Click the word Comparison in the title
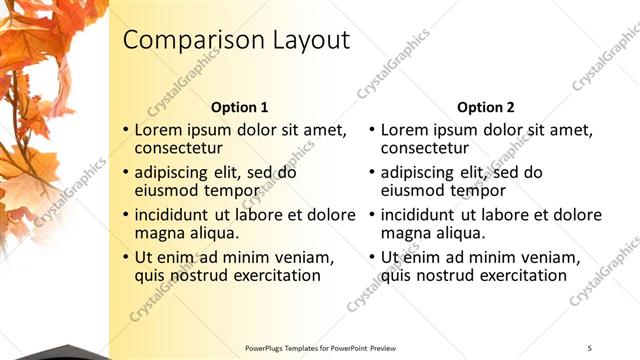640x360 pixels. click(185, 40)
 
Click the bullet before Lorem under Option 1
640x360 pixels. click(125, 131)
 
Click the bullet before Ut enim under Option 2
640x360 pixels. click(372, 257)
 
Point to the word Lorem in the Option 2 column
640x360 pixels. click(404, 130)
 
